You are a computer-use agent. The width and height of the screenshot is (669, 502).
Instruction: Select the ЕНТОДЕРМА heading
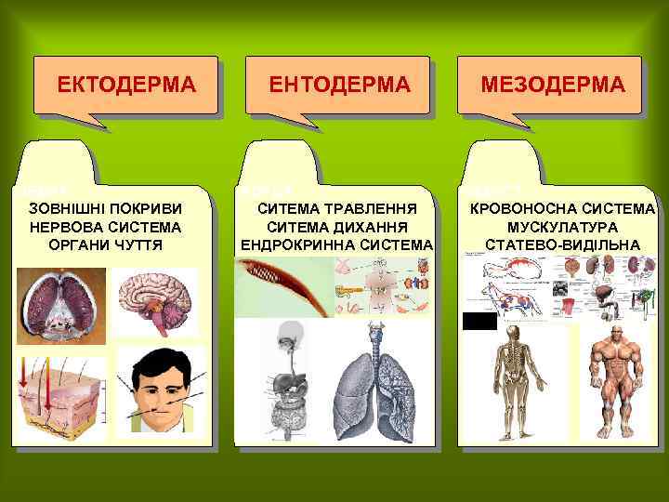coord(338,86)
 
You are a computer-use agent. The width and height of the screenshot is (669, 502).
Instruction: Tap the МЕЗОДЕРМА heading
coord(552,86)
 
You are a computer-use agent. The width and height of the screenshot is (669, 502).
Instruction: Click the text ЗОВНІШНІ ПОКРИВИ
coord(106,207)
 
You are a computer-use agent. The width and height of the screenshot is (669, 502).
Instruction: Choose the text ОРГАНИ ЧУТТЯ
coord(106,244)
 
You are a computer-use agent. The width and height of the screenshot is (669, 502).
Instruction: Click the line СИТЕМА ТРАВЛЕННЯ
coord(337,207)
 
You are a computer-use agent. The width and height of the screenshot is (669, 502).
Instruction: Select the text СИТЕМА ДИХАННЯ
coord(337,226)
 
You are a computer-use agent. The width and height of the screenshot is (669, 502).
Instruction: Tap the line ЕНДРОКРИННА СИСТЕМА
coord(337,244)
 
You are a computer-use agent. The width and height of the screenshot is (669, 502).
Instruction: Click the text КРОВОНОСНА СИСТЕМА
coord(563,207)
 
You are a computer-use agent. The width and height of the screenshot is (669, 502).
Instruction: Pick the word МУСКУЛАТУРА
coord(563,226)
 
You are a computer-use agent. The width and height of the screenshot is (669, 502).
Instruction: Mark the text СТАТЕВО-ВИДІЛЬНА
coord(563,244)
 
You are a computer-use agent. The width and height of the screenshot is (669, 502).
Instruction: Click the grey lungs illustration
coord(378,381)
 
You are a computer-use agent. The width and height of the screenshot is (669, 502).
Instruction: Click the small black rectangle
coord(479,322)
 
